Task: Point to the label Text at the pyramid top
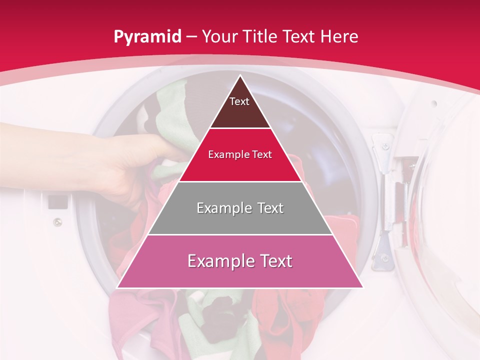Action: [239, 101]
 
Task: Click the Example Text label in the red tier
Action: [240, 154]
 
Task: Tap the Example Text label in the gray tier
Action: [240, 208]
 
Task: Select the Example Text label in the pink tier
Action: [240, 261]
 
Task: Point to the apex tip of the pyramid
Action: [240, 75]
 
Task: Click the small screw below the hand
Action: [58, 221]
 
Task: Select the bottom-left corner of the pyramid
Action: [117, 287]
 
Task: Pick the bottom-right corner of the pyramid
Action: [362, 287]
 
